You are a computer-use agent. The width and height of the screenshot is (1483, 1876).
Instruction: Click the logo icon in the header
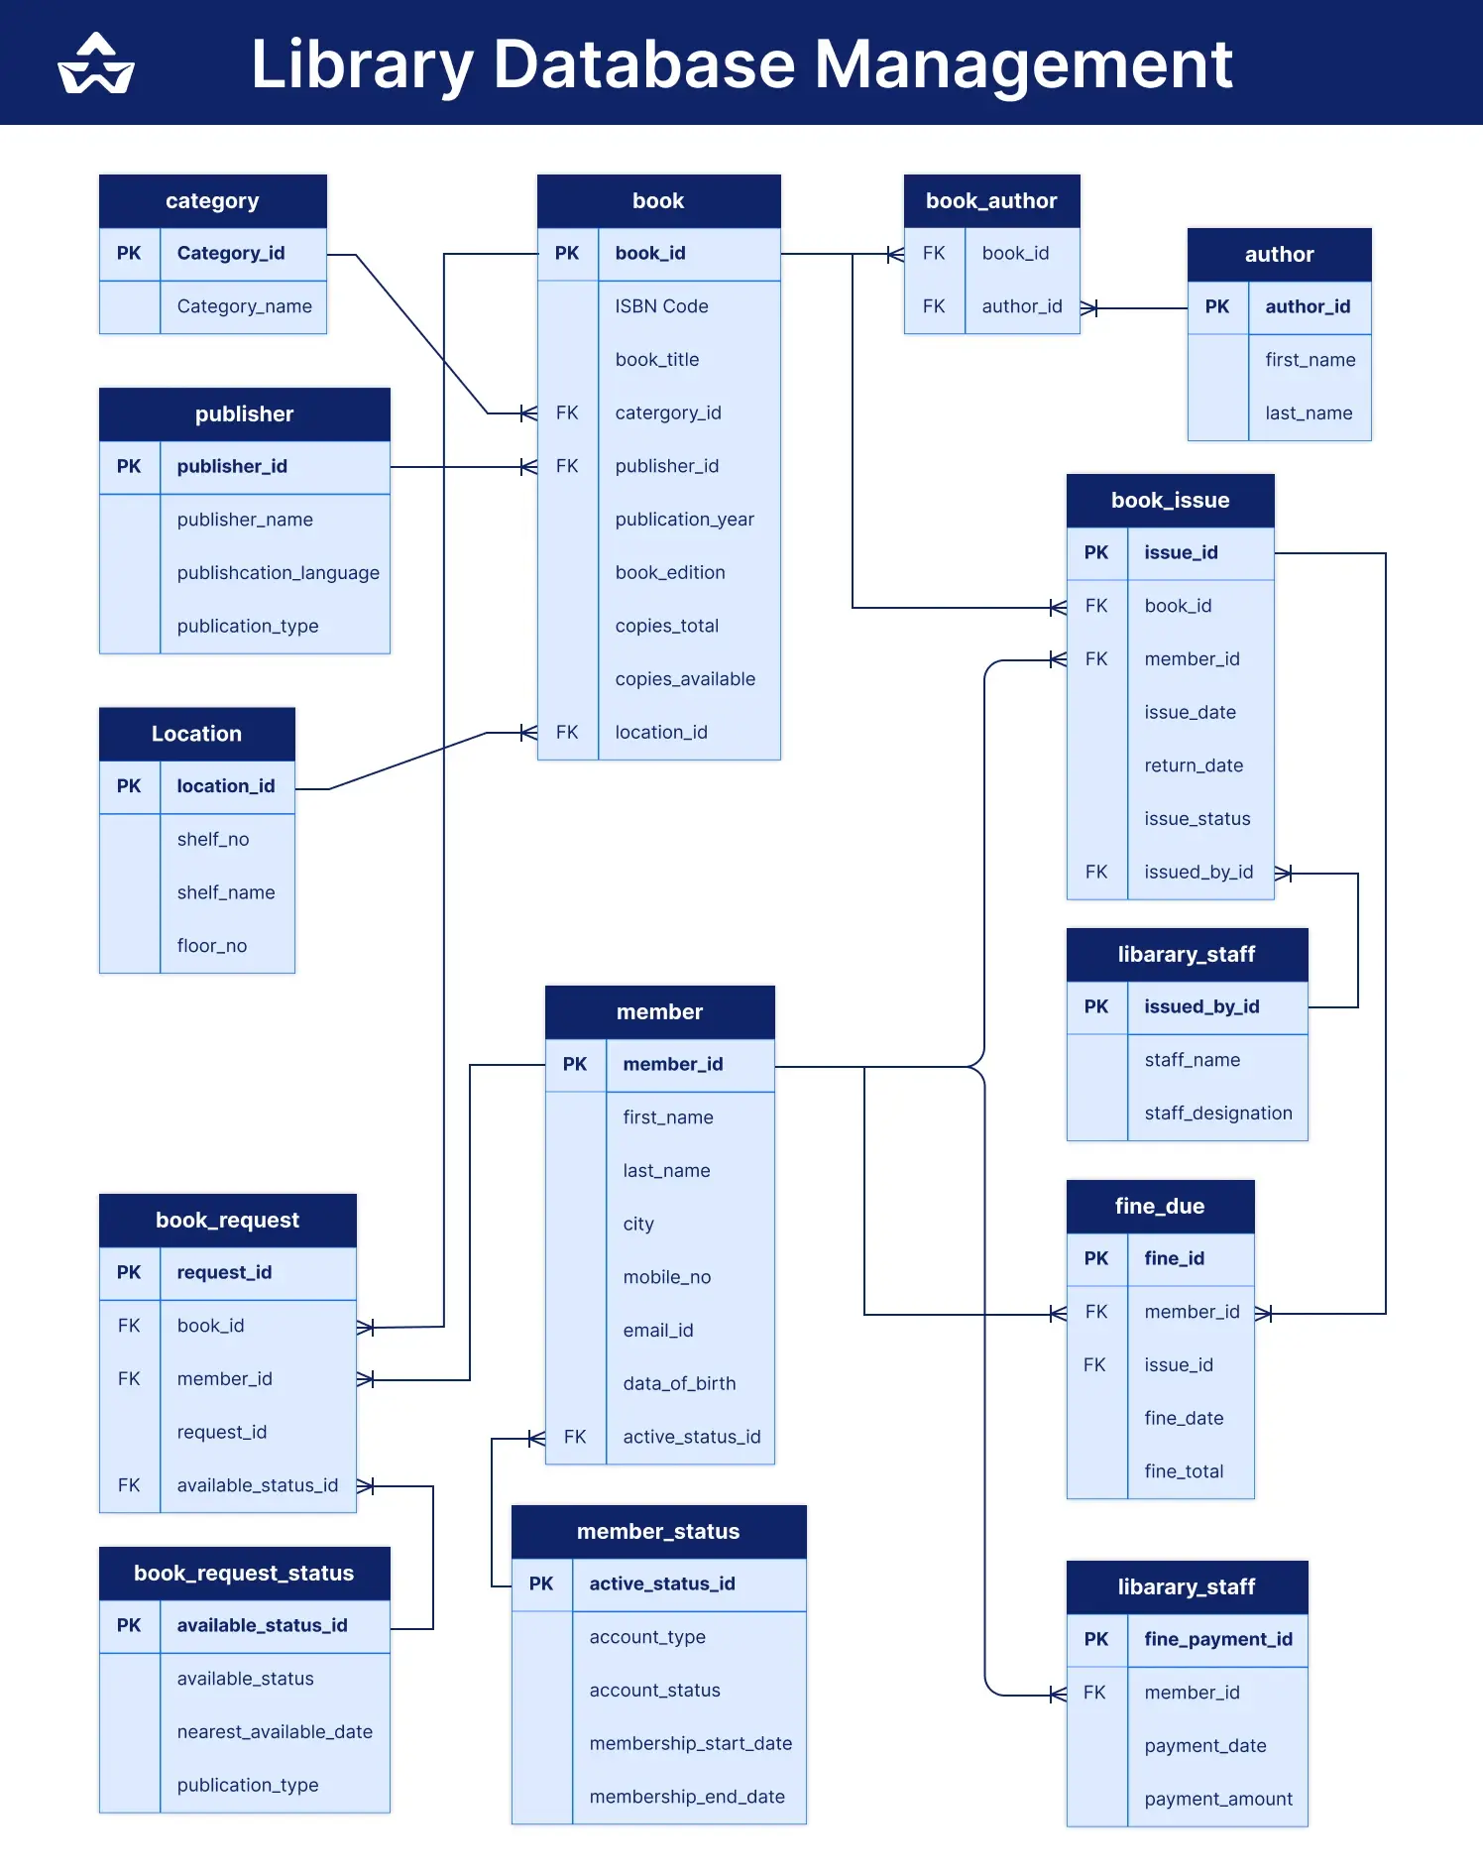click(96, 64)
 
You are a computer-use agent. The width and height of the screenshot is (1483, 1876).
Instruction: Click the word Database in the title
click(643, 64)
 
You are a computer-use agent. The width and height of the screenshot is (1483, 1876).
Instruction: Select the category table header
click(212, 201)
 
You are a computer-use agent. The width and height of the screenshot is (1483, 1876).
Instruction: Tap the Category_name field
click(244, 307)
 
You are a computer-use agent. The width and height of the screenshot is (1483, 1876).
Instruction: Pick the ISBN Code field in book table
click(661, 307)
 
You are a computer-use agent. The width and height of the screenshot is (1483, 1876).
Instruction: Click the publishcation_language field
click(278, 573)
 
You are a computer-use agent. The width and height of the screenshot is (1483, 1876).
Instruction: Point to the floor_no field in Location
click(212, 946)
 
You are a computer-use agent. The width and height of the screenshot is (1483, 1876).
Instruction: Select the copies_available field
click(685, 679)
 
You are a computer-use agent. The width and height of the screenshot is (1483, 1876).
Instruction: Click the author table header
click(1279, 255)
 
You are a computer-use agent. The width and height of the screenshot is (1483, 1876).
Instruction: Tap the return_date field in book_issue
click(1194, 765)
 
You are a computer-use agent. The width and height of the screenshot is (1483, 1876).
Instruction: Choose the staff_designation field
click(1217, 1114)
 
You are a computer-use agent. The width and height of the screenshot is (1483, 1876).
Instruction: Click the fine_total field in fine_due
click(1184, 1471)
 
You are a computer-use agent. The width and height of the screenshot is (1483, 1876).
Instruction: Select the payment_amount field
click(1217, 1799)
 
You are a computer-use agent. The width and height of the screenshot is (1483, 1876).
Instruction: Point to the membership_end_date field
click(687, 1797)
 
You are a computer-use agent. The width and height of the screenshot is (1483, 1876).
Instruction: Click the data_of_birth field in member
click(679, 1383)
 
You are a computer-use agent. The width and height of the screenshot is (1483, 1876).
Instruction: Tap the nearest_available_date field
click(275, 1732)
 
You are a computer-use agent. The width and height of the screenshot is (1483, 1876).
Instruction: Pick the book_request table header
click(227, 1221)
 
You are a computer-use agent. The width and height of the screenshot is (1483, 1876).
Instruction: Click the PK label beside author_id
click(1217, 307)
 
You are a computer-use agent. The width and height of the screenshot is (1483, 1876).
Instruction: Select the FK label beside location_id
click(567, 733)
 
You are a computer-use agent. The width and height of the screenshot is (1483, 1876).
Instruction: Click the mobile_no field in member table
click(667, 1277)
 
